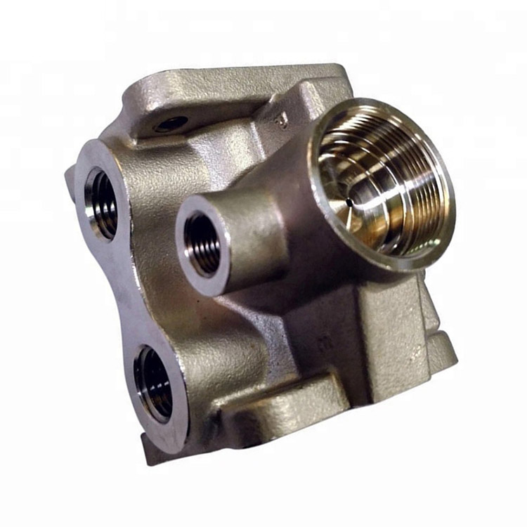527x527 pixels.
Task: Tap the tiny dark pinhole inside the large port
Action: point(349,202)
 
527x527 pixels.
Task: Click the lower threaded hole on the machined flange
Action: point(154,383)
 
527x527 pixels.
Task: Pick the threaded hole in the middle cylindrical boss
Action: point(203,243)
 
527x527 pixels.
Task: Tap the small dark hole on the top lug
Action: point(171,124)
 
